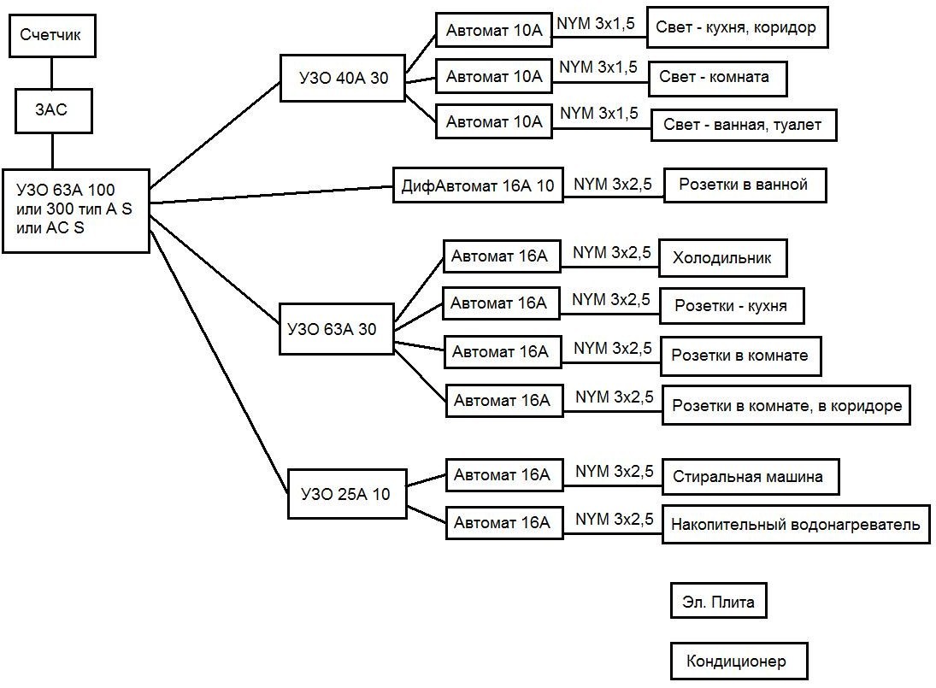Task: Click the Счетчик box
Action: pyautogui.click(x=52, y=35)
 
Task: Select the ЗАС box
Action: pyautogui.click(x=54, y=111)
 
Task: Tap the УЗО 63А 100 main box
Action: pyautogui.click(x=76, y=210)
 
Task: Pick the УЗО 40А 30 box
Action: pyautogui.click(x=343, y=78)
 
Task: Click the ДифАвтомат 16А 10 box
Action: pyautogui.click(x=478, y=185)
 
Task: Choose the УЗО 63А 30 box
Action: pyautogui.click(x=337, y=329)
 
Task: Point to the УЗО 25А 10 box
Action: pyautogui.click(x=347, y=494)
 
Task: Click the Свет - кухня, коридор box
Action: pyautogui.click(x=737, y=27)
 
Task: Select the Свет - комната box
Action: pyautogui.click(x=717, y=78)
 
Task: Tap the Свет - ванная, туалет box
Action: pyautogui.click(x=744, y=125)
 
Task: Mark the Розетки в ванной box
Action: pyautogui.click(x=745, y=185)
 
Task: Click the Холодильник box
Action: pyautogui.click(x=723, y=258)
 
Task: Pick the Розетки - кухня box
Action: pyautogui.click(x=732, y=306)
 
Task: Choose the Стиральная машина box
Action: pyautogui.click(x=751, y=477)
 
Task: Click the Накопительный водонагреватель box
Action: pyautogui.click(x=796, y=525)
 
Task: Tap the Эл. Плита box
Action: pyautogui.click(x=718, y=601)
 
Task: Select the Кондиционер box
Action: pyautogui.click(x=739, y=662)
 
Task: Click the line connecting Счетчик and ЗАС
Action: pyautogui.click(x=52, y=74)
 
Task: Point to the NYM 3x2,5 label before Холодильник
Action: pyautogui.click(x=612, y=253)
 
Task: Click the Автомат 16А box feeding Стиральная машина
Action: pyautogui.click(x=504, y=475)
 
